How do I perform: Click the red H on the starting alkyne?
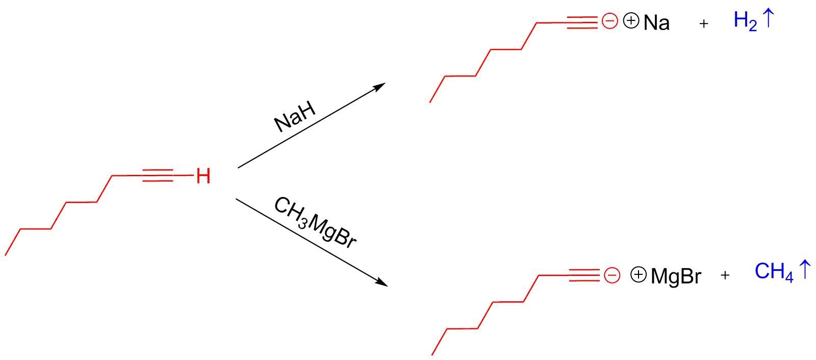tap(203, 176)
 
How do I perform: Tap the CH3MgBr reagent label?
tap(314, 223)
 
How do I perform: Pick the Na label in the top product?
tap(656, 23)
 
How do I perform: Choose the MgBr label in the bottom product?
tap(676, 276)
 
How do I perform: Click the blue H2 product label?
tap(745, 21)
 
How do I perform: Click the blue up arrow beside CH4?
tap(804, 269)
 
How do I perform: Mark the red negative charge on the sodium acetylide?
tap(609, 21)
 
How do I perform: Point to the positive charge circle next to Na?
tap(631, 21)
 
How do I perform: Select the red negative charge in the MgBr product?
tap(611, 275)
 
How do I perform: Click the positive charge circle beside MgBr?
tap(638, 275)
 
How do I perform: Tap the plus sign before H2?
tap(704, 23)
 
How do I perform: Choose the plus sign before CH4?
tap(725, 276)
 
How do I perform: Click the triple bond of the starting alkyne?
tap(159, 176)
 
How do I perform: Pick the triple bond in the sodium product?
tap(582, 22)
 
